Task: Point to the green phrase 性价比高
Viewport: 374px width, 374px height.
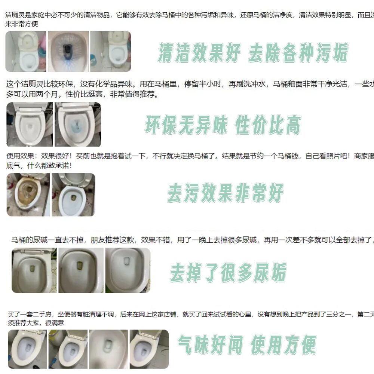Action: [x=268, y=124]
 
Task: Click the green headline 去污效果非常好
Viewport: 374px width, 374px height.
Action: [x=225, y=193]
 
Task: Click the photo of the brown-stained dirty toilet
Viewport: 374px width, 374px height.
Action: [x=28, y=194]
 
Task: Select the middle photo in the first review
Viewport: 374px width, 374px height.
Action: [x=68, y=51]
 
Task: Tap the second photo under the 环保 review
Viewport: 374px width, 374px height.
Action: [x=78, y=124]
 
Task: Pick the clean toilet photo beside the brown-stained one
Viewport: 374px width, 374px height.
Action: [x=73, y=194]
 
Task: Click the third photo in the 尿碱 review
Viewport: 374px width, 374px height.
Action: [x=128, y=270]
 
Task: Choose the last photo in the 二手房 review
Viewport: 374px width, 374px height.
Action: [x=148, y=349]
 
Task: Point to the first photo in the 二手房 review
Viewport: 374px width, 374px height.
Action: [x=27, y=349]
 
